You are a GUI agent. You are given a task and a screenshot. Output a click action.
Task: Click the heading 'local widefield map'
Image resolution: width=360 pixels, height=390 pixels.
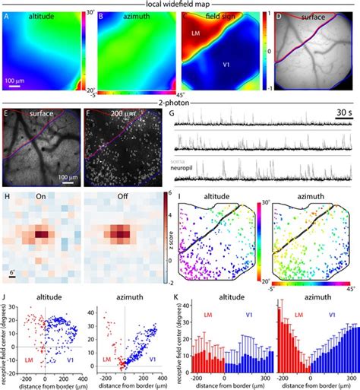(180, 5)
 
